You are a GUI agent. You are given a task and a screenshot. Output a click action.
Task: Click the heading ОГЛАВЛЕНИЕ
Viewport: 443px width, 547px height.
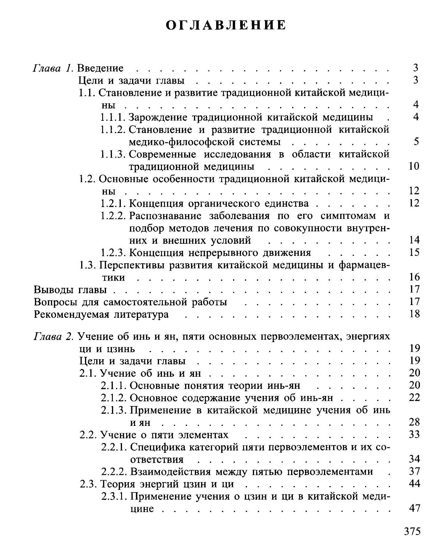[226, 25]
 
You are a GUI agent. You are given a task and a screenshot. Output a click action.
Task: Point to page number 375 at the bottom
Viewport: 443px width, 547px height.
[412, 531]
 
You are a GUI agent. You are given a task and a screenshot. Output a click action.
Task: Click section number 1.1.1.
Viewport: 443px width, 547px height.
[113, 118]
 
